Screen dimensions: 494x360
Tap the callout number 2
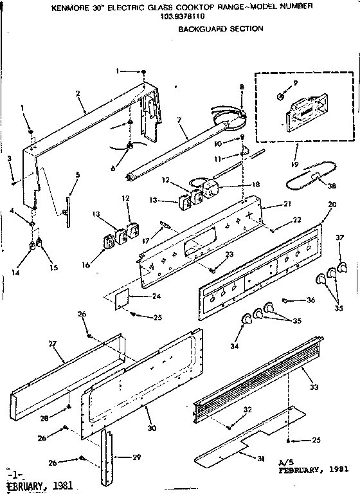(x=77, y=93)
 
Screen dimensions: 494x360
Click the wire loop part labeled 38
(x=309, y=177)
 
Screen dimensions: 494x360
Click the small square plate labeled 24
(x=125, y=297)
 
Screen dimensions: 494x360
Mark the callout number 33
(x=314, y=387)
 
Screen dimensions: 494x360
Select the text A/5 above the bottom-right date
(x=285, y=462)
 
